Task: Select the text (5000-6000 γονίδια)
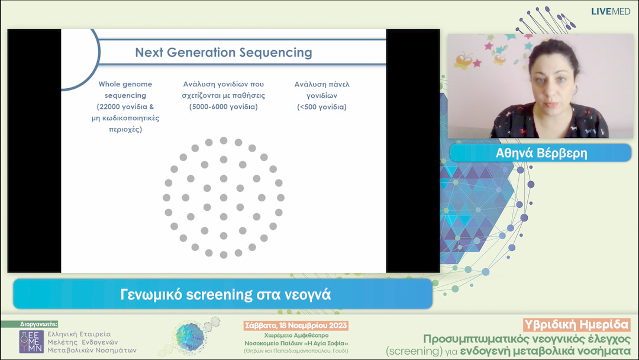pyautogui.click(x=223, y=107)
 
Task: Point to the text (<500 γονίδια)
pyautogui.click(x=322, y=107)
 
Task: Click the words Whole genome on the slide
pyautogui.click(x=125, y=85)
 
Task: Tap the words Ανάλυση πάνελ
pyautogui.click(x=322, y=85)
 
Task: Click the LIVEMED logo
pyautogui.click(x=610, y=11)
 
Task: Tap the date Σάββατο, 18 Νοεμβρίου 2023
pyautogui.click(x=296, y=326)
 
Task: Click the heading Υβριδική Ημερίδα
pyautogui.click(x=577, y=325)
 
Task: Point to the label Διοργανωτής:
pyautogui.click(x=39, y=324)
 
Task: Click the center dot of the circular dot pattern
pyautogui.click(x=224, y=197)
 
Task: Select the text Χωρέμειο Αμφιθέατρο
pyautogui.click(x=296, y=336)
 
